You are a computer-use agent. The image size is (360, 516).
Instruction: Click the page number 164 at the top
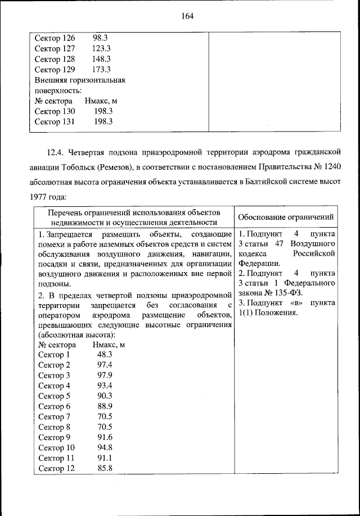[x=187, y=16]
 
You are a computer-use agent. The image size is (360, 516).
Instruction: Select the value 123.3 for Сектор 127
[x=101, y=48]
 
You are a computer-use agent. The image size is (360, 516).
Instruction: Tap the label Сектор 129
[x=55, y=70]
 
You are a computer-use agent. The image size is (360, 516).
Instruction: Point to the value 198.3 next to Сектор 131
[x=103, y=121]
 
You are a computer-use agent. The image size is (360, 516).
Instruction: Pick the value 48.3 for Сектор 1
[x=105, y=355]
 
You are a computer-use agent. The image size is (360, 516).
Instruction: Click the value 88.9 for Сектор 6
[x=105, y=406]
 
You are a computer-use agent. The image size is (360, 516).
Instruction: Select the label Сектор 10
[x=56, y=447]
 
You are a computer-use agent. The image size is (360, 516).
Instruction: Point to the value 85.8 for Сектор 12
[x=105, y=468]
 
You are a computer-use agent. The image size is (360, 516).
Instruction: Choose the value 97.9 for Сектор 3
[x=105, y=375]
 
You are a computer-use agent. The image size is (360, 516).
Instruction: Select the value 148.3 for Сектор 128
[x=101, y=59]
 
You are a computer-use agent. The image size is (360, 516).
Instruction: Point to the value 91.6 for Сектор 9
[x=105, y=437]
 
